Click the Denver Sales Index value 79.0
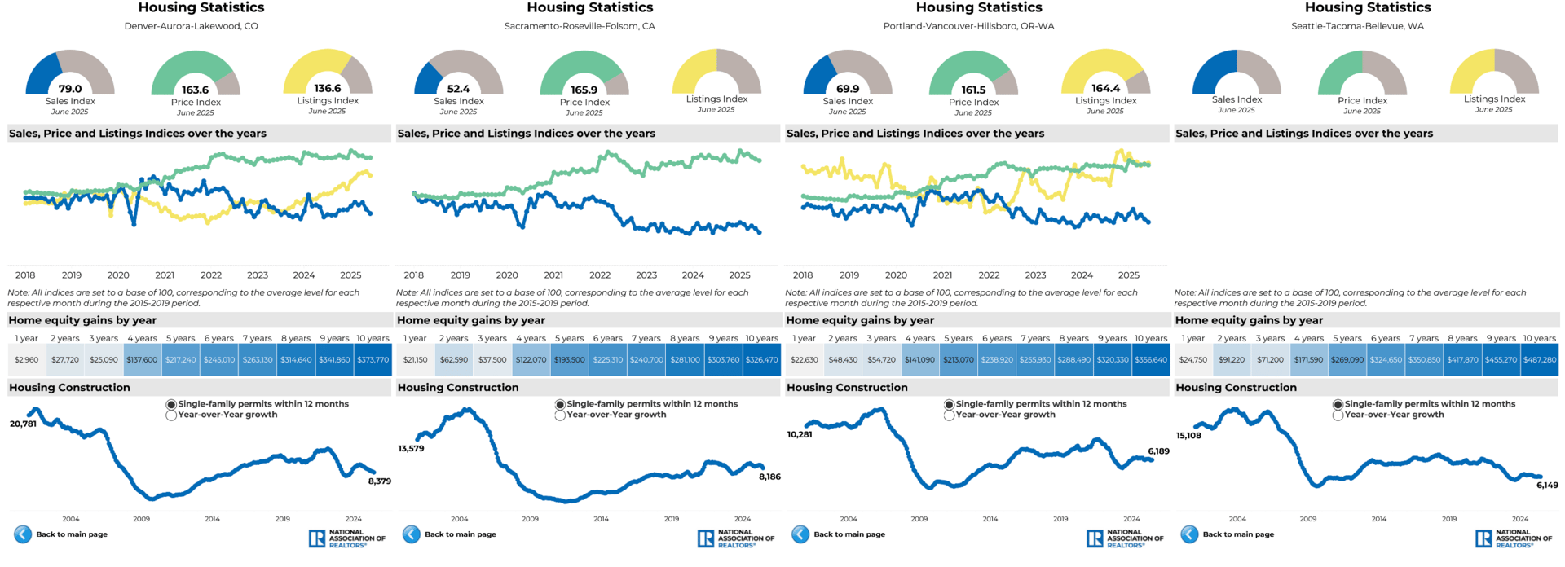[70, 89]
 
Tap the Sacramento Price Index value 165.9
[584, 90]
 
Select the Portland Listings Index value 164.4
[1105, 88]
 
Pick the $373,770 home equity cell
[373, 359]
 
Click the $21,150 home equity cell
[415, 359]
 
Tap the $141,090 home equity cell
[920, 359]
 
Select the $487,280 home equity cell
[1540, 359]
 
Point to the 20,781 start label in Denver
[23, 424]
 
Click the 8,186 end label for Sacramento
[769, 477]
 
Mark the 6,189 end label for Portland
[1158, 451]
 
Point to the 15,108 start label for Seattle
[1188, 436]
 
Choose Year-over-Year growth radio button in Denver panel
[171, 415]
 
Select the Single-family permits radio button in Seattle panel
[1338, 404]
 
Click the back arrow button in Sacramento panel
[412, 534]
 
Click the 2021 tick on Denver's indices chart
[165, 275]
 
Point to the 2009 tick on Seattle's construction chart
[1308, 519]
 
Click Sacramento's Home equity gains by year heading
[471, 320]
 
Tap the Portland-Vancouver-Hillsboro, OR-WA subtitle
[968, 26]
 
